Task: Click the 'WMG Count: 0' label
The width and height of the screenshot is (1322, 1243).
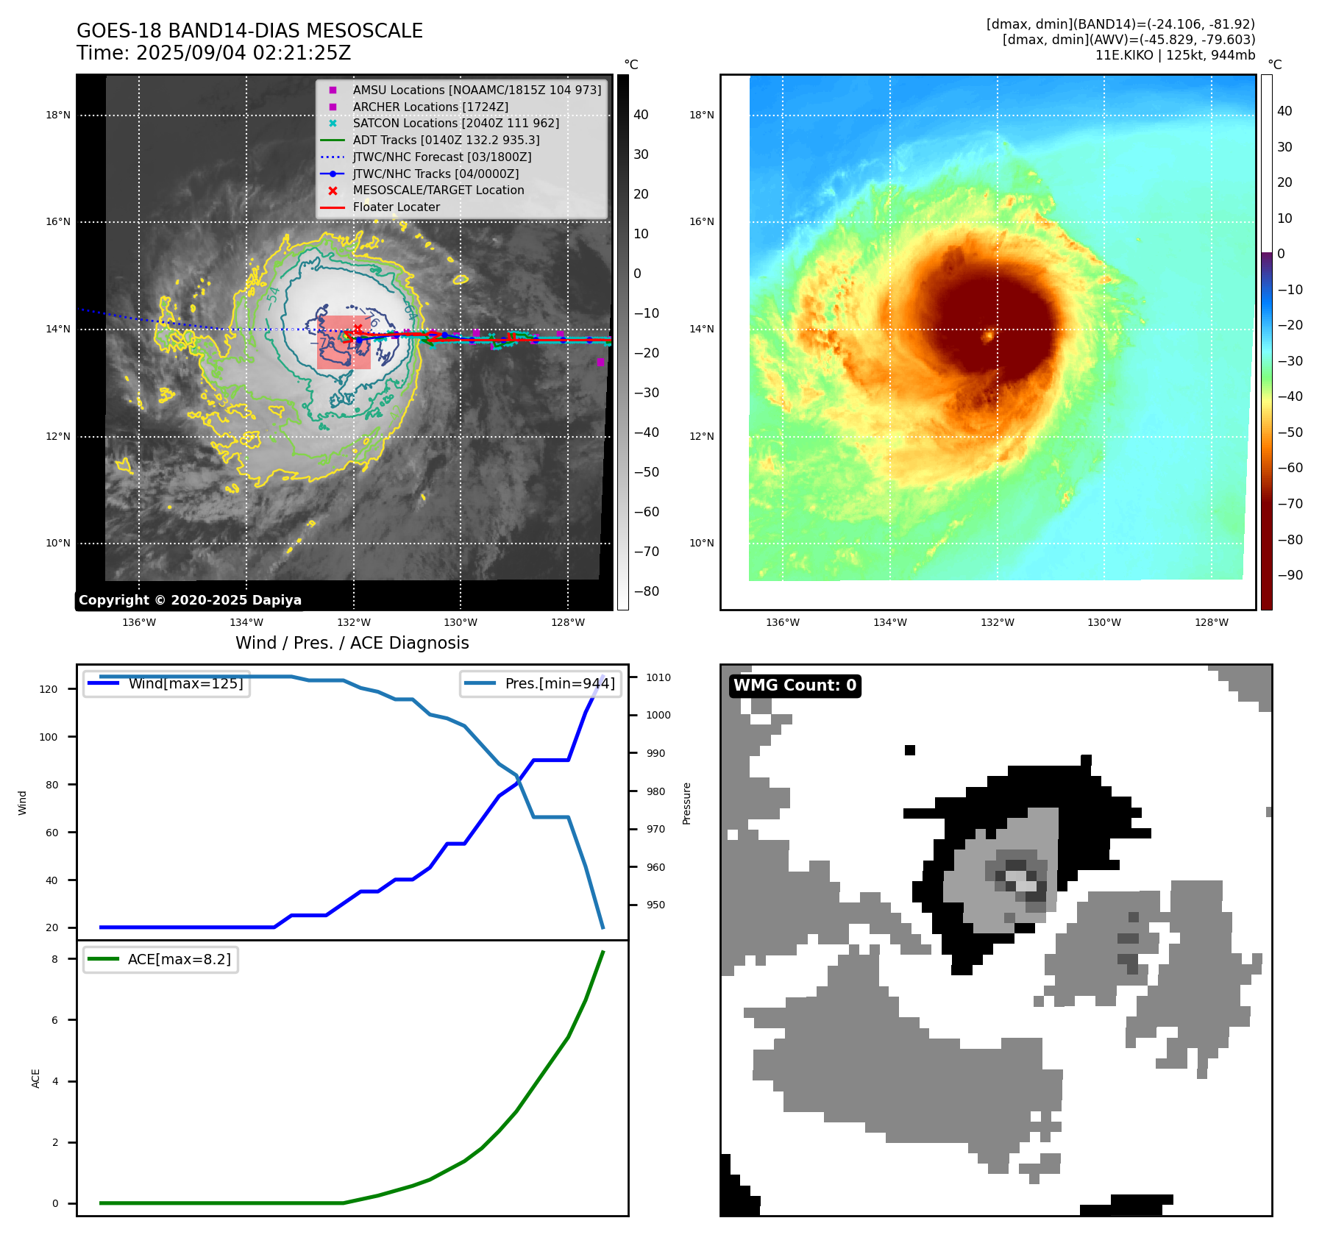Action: [795, 685]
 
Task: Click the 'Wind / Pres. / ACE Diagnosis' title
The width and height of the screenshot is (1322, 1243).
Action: [352, 643]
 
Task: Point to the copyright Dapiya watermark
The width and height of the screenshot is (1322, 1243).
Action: [190, 600]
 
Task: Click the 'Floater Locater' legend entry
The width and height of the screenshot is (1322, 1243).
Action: [396, 207]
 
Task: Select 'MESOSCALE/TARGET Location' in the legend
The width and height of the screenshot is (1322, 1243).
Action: [438, 190]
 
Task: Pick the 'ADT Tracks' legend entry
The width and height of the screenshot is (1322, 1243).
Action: [446, 140]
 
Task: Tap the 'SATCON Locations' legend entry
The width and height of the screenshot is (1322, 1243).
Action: [455, 123]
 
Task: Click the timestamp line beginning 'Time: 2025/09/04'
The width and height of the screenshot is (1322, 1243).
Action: [213, 54]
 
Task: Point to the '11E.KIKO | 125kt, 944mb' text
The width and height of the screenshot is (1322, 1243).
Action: [1175, 55]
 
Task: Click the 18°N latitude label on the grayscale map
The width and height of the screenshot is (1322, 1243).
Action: [58, 115]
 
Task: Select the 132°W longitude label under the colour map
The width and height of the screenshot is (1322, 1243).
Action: [997, 622]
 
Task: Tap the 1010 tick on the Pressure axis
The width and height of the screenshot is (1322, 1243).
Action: [658, 677]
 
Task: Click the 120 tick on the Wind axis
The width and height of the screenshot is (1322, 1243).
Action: [49, 689]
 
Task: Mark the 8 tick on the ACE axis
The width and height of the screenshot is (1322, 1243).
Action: [54, 959]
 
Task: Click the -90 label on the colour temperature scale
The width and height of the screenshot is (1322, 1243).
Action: [1290, 575]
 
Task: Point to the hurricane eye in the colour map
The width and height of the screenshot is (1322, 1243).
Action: [989, 336]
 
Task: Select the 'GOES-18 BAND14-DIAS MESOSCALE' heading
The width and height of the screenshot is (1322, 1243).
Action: [249, 31]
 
